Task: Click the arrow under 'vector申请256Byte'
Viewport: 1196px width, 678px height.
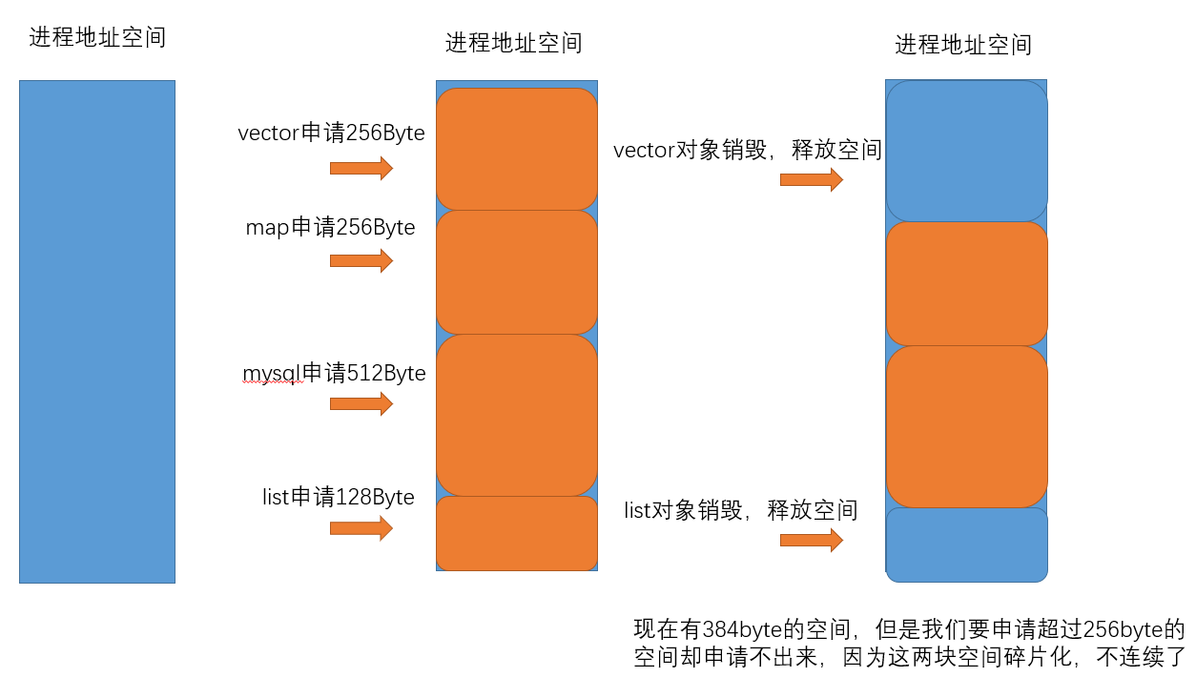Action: tap(361, 169)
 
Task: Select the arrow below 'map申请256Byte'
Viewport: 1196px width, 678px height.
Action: tap(361, 260)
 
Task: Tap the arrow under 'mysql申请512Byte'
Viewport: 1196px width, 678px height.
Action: tap(361, 403)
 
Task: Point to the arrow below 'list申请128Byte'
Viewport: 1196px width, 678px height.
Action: tap(361, 528)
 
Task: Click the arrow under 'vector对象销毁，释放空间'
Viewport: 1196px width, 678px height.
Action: tap(811, 180)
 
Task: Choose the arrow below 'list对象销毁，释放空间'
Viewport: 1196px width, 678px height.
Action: tap(811, 540)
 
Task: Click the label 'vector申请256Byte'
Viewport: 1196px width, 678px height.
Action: tap(331, 134)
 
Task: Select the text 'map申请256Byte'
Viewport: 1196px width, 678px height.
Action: tap(330, 228)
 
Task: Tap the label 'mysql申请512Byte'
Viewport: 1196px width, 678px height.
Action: tap(334, 373)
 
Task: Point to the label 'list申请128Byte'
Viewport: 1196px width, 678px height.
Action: tap(338, 497)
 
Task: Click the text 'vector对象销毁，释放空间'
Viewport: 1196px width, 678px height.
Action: tap(747, 151)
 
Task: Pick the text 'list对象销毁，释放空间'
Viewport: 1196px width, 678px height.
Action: tap(740, 510)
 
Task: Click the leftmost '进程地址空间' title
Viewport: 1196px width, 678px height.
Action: tap(97, 38)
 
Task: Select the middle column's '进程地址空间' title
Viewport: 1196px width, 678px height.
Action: tap(513, 43)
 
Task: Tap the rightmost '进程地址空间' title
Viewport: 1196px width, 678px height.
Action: tap(963, 45)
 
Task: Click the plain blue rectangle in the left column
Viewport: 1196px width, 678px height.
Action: tap(97, 331)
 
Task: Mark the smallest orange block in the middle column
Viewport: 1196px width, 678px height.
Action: tap(517, 533)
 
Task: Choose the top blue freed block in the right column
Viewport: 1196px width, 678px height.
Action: tap(967, 151)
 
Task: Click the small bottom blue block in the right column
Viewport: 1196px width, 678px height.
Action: tap(967, 544)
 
